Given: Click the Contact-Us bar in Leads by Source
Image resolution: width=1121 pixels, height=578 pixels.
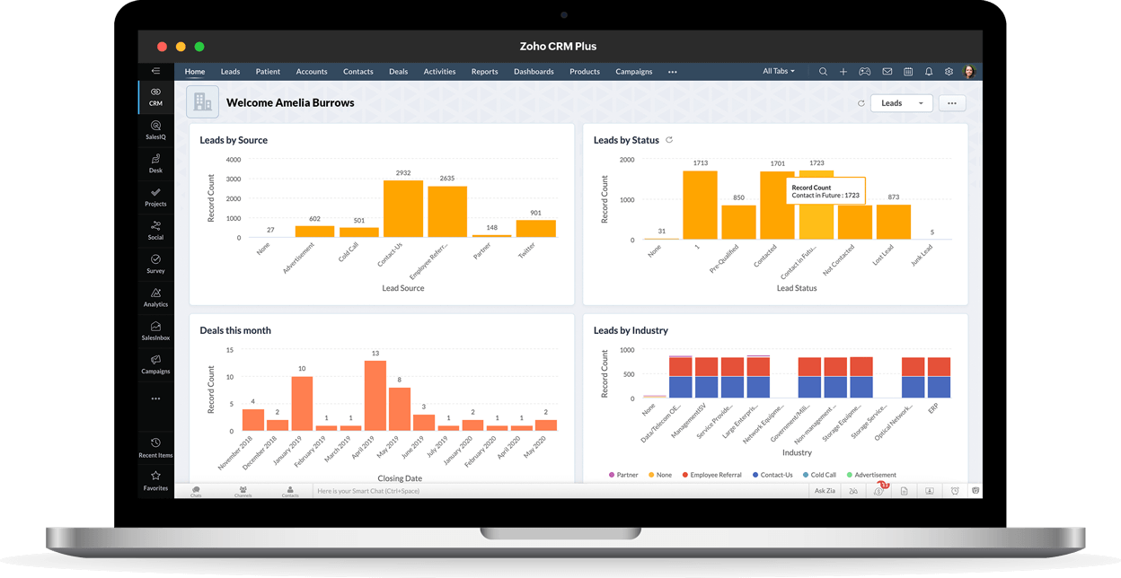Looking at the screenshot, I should click(x=402, y=208).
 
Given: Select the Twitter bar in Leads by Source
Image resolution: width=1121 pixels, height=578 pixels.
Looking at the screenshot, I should click(x=535, y=228).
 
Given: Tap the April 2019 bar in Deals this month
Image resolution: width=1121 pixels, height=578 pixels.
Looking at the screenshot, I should click(x=375, y=395).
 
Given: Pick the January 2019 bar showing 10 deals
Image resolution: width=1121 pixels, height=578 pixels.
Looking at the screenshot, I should click(x=302, y=403).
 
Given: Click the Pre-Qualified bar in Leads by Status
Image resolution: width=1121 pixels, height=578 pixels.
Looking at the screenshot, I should click(x=738, y=222).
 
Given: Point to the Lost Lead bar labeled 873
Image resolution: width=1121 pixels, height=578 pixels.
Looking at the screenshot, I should click(x=893, y=222).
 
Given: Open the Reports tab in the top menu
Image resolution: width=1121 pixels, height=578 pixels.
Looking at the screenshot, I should click(x=484, y=72).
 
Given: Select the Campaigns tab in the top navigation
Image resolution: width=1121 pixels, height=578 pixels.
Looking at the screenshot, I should click(x=633, y=72).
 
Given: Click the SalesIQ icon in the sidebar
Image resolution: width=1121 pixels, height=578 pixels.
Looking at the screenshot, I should click(x=155, y=129).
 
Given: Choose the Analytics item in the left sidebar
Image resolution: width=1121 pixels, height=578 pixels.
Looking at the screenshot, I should click(x=155, y=297).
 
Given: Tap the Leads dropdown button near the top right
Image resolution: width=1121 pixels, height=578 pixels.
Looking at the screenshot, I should click(x=901, y=103).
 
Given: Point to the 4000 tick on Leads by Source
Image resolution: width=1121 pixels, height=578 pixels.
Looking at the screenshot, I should click(x=233, y=160).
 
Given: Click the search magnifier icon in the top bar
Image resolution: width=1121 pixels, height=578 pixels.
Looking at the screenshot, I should click(x=823, y=72).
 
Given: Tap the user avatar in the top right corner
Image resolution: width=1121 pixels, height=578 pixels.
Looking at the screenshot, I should click(x=969, y=72).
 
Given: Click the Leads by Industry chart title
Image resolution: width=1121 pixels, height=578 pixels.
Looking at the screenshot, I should click(x=631, y=330).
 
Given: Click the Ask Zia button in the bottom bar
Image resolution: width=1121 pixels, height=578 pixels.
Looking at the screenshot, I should click(x=825, y=491).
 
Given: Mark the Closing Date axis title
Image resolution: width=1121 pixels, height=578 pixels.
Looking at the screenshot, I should click(x=400, y=478).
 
